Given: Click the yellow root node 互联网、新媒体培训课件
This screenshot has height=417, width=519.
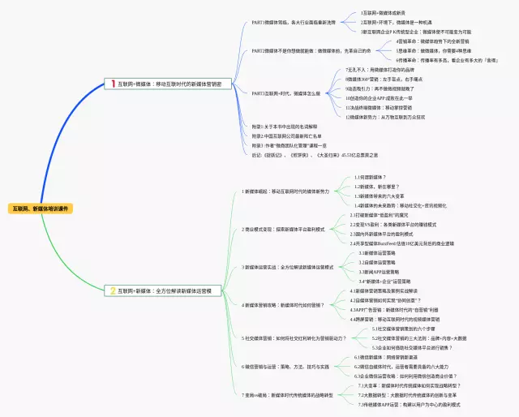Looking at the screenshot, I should pyautogui.click(x=40, y=208).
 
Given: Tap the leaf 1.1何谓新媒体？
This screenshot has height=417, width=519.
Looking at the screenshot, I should pyautogui.click(x=369, y=177).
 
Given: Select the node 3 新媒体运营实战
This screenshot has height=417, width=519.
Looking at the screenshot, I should pyautogui.click(x=288, y=267).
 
